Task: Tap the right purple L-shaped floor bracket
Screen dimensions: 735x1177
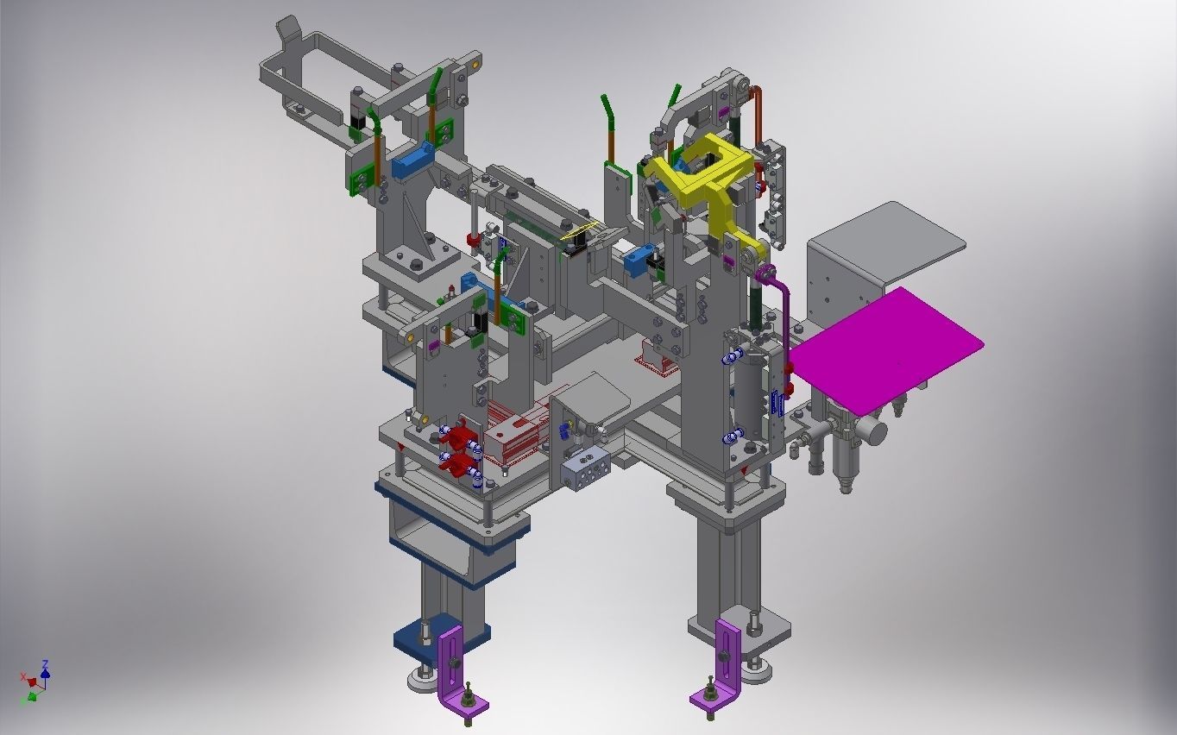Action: [x=723, y=660]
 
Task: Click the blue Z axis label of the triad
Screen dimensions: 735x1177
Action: [x=45, y=664]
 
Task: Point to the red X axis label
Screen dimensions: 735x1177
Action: [x=23, y=677]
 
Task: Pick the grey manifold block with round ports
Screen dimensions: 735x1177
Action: [x=586, y=470]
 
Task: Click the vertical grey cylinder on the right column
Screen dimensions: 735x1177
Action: [x=751, y=397]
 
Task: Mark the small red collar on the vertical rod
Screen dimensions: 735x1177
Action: [x=473, y=238]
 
